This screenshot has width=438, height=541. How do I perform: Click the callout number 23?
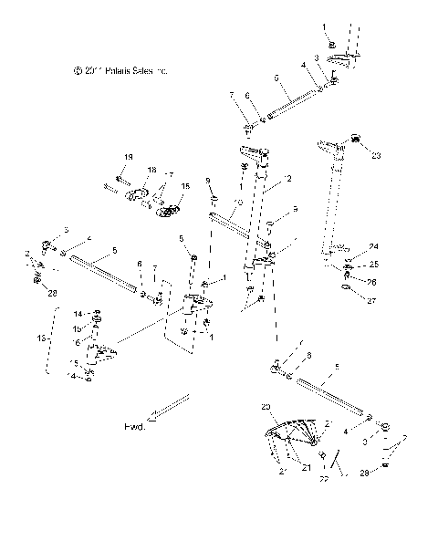coord(375,156)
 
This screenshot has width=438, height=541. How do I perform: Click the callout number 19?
coord(128,158)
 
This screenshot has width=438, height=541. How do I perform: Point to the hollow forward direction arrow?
coord(169,407)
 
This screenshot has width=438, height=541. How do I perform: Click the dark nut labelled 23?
coord(355,139)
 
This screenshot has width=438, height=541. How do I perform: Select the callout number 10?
coord(239,203)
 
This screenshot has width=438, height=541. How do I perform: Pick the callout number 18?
coord(151,171)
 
